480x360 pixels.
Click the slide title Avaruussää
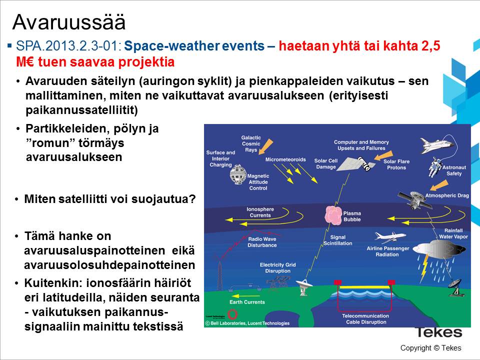tap(68, 22)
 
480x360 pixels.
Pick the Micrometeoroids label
tap(285, 159)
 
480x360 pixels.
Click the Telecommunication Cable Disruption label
tap(364, 319)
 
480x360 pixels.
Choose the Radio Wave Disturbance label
tap(262, 242)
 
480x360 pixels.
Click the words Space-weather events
tap(194, 46)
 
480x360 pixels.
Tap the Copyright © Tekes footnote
tap(430, 348)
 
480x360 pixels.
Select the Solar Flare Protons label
tap(397, 164)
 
